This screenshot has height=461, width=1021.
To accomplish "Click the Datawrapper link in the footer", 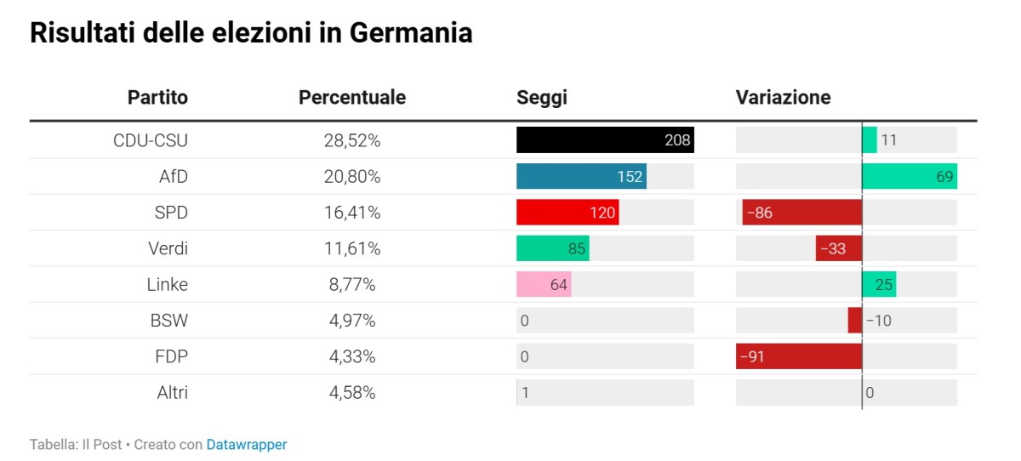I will [x=246, y=444].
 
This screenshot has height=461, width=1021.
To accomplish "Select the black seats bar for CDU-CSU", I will [x=604, y=140].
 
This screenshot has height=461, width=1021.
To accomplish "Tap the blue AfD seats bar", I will [x=580, y=176].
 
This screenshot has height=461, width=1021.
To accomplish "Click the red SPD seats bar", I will [x=567, y=213].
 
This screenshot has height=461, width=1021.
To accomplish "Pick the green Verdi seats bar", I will [x=552, y=248].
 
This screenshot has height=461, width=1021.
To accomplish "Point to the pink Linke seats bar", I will [x=543, y=284].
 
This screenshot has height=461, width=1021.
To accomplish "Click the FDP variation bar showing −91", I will [x=798, y=356].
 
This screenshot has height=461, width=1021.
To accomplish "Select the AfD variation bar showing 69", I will [x=909, y=176].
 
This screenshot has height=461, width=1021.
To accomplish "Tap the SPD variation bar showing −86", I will [x=801, y=213].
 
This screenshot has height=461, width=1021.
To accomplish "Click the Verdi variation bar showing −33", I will [x=838, y=248].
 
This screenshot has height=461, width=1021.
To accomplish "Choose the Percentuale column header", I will [x=351, y=97].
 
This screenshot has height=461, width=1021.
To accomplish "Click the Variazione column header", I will [x=783, y=97].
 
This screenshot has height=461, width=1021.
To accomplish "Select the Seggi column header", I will [x=541, y=97].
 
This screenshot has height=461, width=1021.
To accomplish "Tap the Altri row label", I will [x=172, y=392].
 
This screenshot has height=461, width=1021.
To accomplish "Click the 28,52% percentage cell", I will [x=351, y=140].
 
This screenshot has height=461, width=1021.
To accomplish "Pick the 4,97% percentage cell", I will [x=351, y=321].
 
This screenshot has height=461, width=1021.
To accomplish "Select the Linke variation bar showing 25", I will [x=879, y=284].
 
